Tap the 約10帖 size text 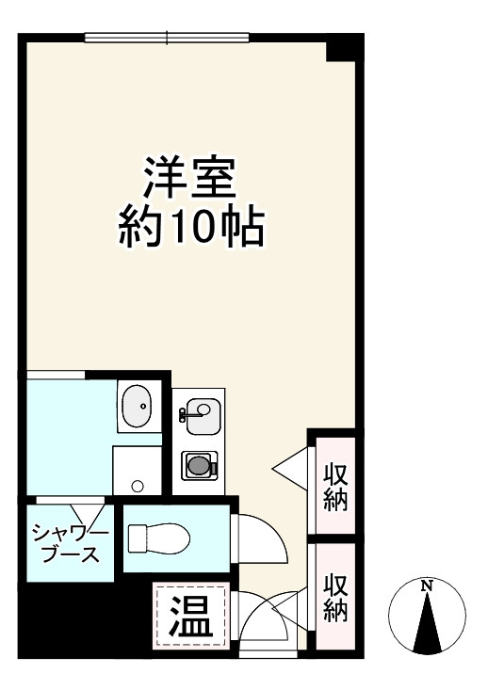pyautogui.click(x=188, y=226)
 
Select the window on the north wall pyautogui.click(x=167, y=39)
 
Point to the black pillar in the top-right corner pyautogui.click(x=344, y=47)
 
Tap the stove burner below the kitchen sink pyautogui.click(x=199, y=464)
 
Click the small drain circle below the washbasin pyautogui.click(x=138, y=486)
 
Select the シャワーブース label pyautogui.click(x=71, y=544)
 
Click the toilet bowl pyautogui.click(x=160, y=538)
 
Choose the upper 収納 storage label pyautogui.click(x=336, y=487)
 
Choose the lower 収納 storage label pyautogui.click(x=336, y=598)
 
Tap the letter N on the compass pyautogui.click(x=427, y=586)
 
